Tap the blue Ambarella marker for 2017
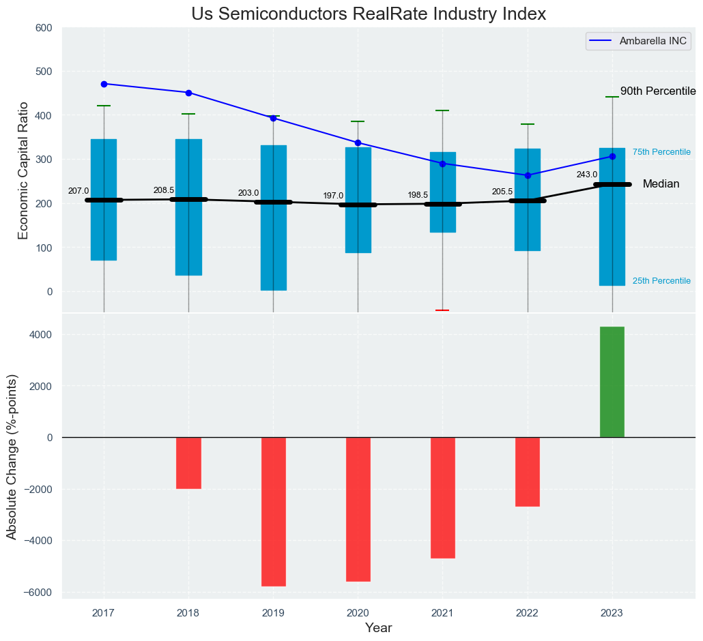pos(104,84)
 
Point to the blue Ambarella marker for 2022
pos(528,175)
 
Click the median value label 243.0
pos(586,175)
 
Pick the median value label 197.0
pos(333,196)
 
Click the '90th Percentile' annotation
pos(657,91)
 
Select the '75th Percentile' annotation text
pos(661,152)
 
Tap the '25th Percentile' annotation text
pos(661,281)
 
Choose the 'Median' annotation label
pos(661,184)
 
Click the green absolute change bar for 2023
pos(612,382)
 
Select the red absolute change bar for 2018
pos(188,463)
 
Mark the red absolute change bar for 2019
pos(273,511)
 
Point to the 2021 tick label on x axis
pos(442,612)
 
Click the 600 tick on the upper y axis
pos(44,28)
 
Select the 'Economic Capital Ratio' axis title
pos(23,170)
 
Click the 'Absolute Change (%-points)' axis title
pos(12,457)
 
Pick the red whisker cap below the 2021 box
pos(442,310)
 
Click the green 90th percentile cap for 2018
pos(188,114)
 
